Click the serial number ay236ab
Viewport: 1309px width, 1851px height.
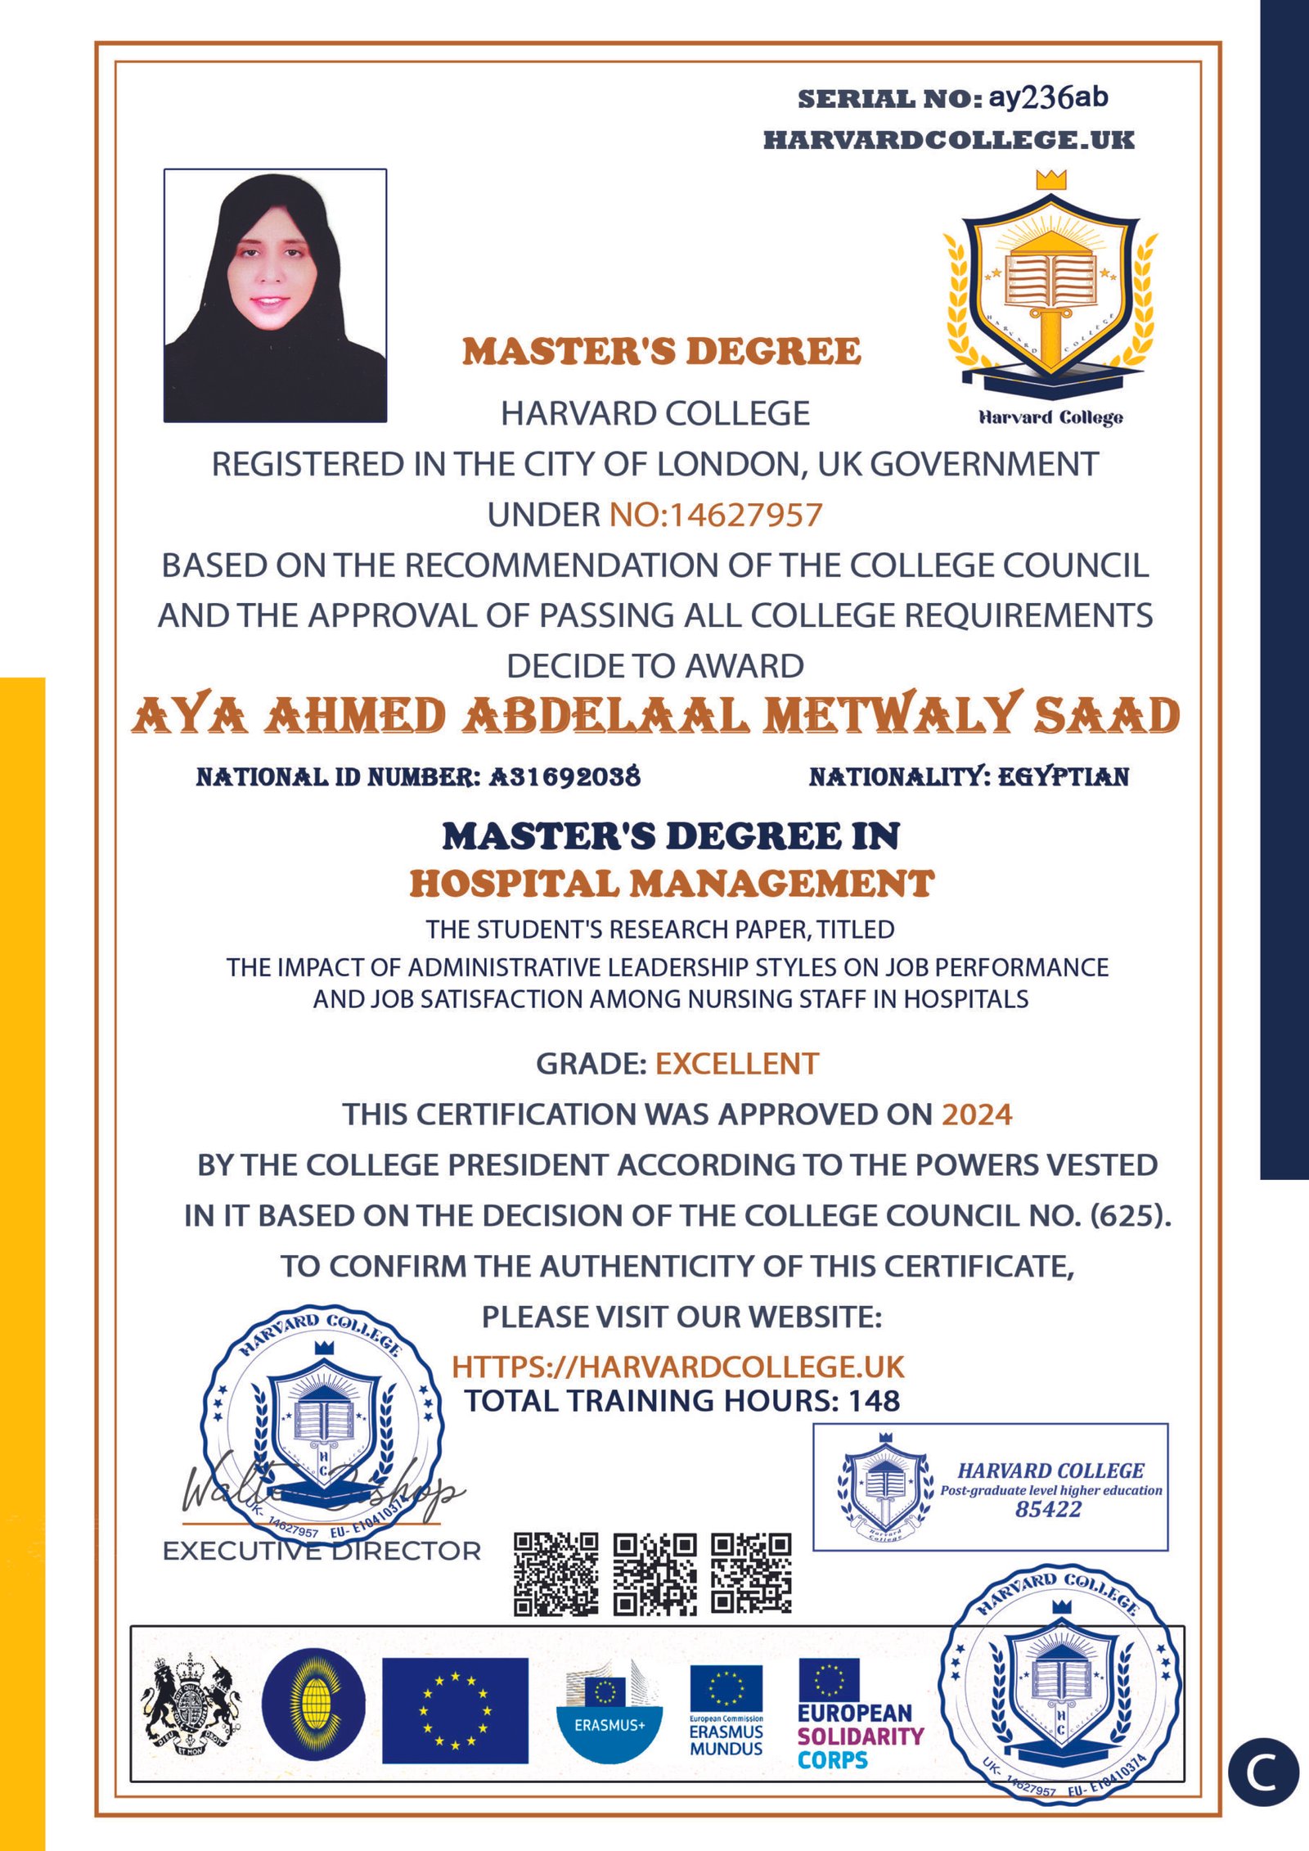click(1048, 98)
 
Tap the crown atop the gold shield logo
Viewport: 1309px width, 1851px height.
click(1051, 180)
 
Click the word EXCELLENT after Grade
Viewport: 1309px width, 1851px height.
click(736, 1064)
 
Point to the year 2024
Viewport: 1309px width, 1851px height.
click(977, 1115)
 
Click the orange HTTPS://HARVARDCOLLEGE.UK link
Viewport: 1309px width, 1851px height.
click(678, 1367)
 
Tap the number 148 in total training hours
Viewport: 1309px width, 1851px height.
click(874, 1402)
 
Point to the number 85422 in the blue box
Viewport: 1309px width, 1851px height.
click(1048, 1510)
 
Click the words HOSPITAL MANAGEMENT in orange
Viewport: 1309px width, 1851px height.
click(672, 884)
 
